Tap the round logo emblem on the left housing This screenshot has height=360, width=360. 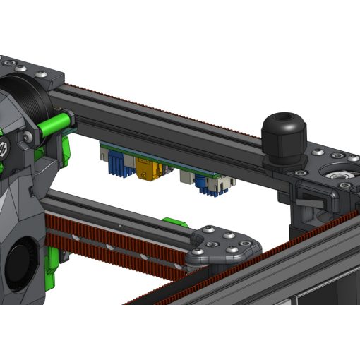tap(3, 149)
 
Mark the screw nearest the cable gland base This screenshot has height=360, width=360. tap(300, 171)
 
